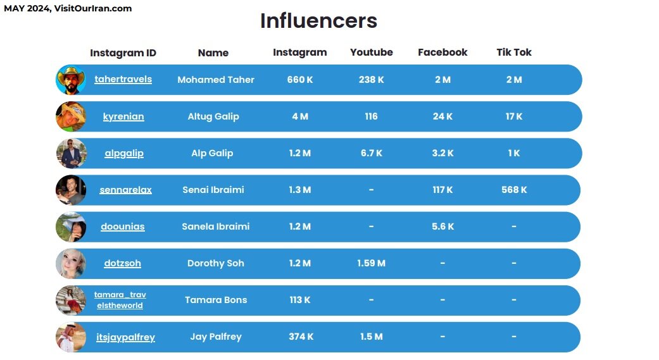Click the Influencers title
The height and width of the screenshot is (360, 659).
(318, 21)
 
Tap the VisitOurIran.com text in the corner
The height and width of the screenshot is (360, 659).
(93, 8)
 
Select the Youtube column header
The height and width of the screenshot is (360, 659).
(371, 53)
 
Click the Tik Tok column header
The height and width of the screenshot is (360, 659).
(513, 53)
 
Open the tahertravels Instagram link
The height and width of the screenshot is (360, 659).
(123, 80)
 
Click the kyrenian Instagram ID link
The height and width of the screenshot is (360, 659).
(123, 116)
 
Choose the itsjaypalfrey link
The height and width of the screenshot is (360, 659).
(125, 337)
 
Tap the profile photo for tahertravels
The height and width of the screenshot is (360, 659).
(71, 80)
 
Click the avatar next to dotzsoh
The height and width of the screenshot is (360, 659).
(71, 264)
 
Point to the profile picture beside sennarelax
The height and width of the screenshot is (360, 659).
(71, 190)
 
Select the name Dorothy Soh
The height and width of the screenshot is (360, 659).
(215, 263)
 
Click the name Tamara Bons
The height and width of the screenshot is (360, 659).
(216, 300)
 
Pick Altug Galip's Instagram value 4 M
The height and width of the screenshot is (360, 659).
(300, 116)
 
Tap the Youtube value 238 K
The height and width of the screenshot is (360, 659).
(371, 80)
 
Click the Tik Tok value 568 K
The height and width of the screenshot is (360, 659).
(513, 190)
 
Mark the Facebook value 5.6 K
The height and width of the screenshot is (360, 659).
(442, 227)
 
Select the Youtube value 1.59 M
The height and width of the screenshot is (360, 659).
(371, 263)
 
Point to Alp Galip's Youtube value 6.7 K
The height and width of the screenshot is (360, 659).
(371, 153)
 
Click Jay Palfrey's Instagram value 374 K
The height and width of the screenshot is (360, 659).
(301, 337)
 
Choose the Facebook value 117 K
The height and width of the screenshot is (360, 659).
(442, 190)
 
